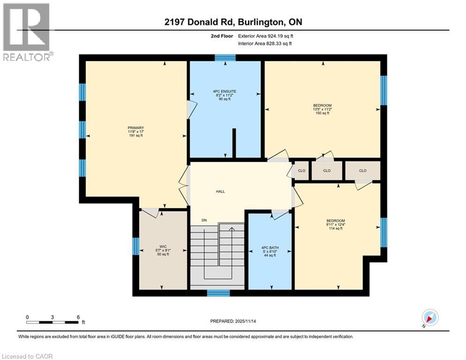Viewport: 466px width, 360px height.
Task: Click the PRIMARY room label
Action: (x=135, y=128)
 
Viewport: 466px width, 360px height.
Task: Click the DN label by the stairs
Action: (x=204, y=220)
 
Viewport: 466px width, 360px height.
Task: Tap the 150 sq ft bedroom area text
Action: (x=322, y=113)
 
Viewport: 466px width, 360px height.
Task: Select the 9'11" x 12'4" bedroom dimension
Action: (x=335, y=225)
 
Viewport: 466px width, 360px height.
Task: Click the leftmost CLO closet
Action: (x=302, y=171)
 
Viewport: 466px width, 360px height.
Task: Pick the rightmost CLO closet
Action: (x=362, y=171)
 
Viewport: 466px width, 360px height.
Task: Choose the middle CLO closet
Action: (x=327, y=171)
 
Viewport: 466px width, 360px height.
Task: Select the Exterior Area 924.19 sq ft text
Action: (x=266, y=36)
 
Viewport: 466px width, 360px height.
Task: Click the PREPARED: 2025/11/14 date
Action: (x=233, y=321)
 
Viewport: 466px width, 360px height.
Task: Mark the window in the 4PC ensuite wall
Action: (x=225, y=58)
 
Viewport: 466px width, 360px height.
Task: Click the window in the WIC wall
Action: (x=135, y=246)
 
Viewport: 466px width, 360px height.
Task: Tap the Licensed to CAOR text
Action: (x=27, y=356)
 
